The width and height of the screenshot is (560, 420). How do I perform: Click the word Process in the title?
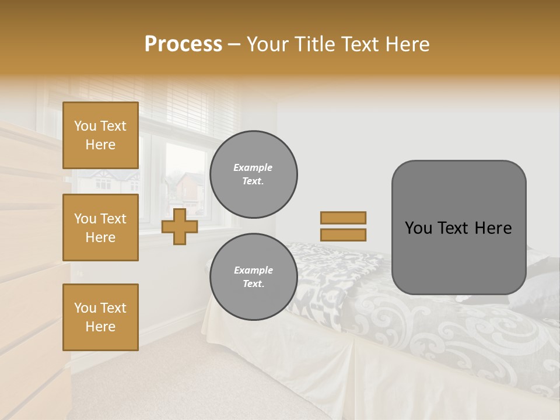[x=183, y=44]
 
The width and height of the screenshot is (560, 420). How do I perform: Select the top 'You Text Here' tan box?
[x=100, y=135]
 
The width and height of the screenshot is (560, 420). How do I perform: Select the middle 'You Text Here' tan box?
[x=100, y=228]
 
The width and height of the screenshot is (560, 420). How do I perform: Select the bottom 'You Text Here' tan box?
[x=100, y=317]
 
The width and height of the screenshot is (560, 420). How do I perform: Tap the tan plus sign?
[x=180, y=226]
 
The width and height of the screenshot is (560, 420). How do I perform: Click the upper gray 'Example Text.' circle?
[x=253, y=174]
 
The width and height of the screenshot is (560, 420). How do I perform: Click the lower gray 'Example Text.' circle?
[x=253, y=277]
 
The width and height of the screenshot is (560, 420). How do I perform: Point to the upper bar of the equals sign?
[x=344, y=218]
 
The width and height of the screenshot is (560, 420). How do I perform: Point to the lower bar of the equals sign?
[x=344, y=235]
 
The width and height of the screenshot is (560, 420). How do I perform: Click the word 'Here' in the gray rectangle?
[x=493, y=228]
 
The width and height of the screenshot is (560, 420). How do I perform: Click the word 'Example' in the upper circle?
[x=253, y=168]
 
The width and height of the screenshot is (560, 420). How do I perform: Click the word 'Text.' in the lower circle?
[x=253, y=284]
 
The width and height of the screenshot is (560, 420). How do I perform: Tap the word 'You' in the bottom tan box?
[x=85, y=308]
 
